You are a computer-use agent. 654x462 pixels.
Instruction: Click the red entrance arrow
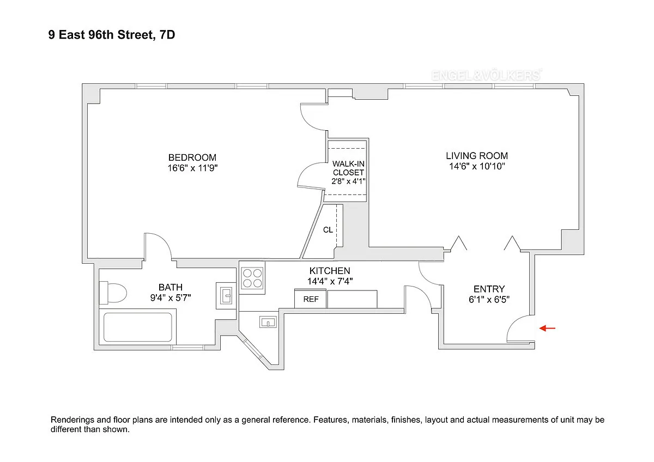pyautogui.click(x=547, y=328)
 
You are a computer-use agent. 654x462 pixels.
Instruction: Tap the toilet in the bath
pyautogui.click(x=113, y=293)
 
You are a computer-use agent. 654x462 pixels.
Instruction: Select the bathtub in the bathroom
pyautogui.click(x=137, y=327)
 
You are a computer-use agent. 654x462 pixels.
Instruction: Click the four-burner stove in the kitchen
pyautogui.click(x=252, y=278)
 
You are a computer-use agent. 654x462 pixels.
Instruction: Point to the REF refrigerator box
pyautogui.click(x=310, y=299)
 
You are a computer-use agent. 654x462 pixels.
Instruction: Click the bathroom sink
pyautogui.click(x=226, y=296)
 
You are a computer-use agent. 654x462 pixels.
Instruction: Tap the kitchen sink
pyautogui.click(x=268, y=323)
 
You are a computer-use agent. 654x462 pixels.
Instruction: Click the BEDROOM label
pyautogui.click(x=192, y=157)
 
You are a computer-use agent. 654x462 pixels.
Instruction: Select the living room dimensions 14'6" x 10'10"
pyautogui.click(x=477, y=166)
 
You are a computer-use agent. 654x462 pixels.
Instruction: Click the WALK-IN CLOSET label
pyautogui.click(x=348, y=168)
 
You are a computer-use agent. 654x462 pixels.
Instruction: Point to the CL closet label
pyautogui.click(x=328, y=230)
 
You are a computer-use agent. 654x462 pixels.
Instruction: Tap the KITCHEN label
pyautogui.click(x=330, y=271)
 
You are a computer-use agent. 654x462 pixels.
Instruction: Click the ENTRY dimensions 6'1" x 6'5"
pyautogui.click(x=489, y=300)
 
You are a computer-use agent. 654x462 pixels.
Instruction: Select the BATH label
pyautogui.click(x=171, y=287)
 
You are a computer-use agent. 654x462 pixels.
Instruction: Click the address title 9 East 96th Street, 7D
pyautogui.click(x=112, y=35)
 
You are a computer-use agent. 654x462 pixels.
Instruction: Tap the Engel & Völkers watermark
pyautogui.click(x=487, y=75)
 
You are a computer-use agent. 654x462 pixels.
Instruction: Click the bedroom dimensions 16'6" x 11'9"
pyautogui.click(x=193, y=168)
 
